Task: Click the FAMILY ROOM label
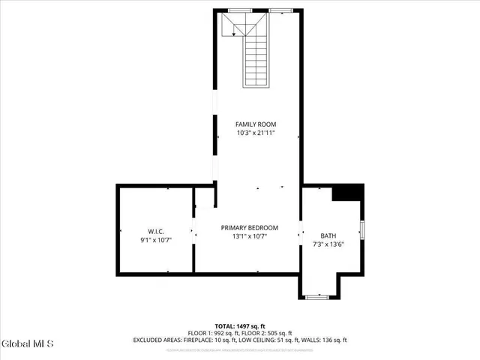pos(256,124)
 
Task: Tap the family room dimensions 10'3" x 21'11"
pos(256,133)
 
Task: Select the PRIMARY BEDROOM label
pos(249,227)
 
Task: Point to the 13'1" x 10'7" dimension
pos(249,236)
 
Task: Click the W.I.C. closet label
pos(156,231)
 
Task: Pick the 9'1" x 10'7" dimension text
pos(156,240)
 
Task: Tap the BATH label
pos(328,235)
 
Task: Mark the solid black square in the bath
pos(347,192)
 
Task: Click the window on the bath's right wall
pos(362,229)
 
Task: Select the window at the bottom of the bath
pos(318,297)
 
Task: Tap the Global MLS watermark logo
pos(28,344)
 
